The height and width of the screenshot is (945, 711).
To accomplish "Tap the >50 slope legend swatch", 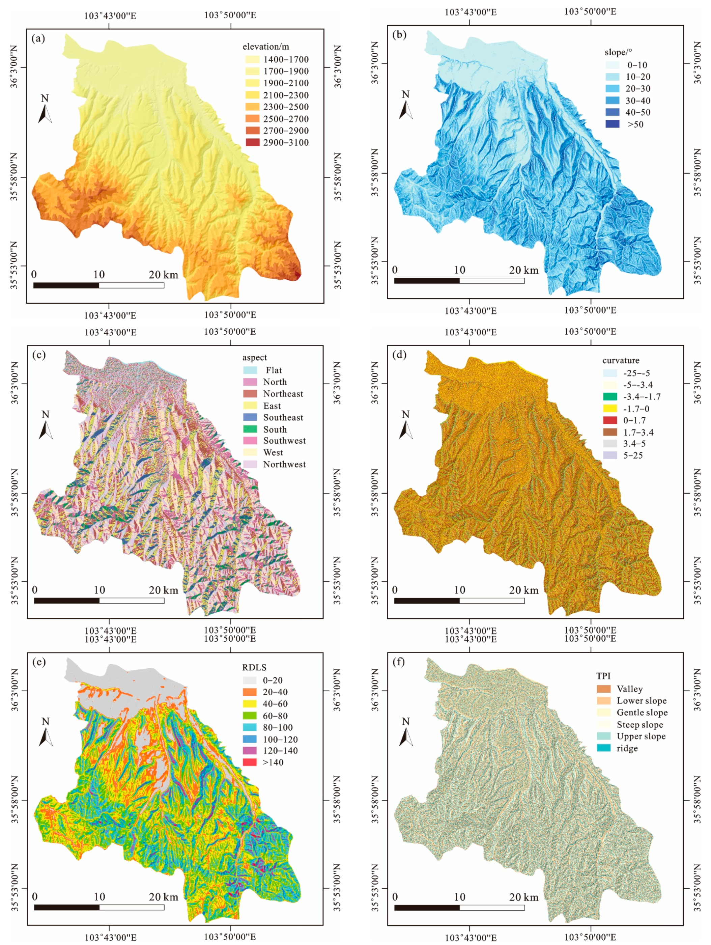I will [612, 124].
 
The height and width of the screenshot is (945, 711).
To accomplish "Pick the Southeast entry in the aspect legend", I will [250, 417].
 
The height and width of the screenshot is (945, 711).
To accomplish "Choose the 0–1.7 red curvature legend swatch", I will [610, 420].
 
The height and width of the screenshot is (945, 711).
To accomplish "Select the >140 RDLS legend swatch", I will [250, 762].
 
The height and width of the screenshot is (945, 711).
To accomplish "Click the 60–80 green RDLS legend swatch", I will [250, 716].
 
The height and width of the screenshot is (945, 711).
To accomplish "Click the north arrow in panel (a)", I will [45, 110].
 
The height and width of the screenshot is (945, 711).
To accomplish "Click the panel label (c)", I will [39, 355].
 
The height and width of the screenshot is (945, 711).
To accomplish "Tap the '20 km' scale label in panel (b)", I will [523, 270].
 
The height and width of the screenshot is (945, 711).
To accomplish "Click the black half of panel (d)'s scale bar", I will [427, 600].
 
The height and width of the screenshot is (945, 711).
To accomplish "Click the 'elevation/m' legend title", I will [265, 47].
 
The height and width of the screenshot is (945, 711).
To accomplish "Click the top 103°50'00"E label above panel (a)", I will [230, 15].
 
